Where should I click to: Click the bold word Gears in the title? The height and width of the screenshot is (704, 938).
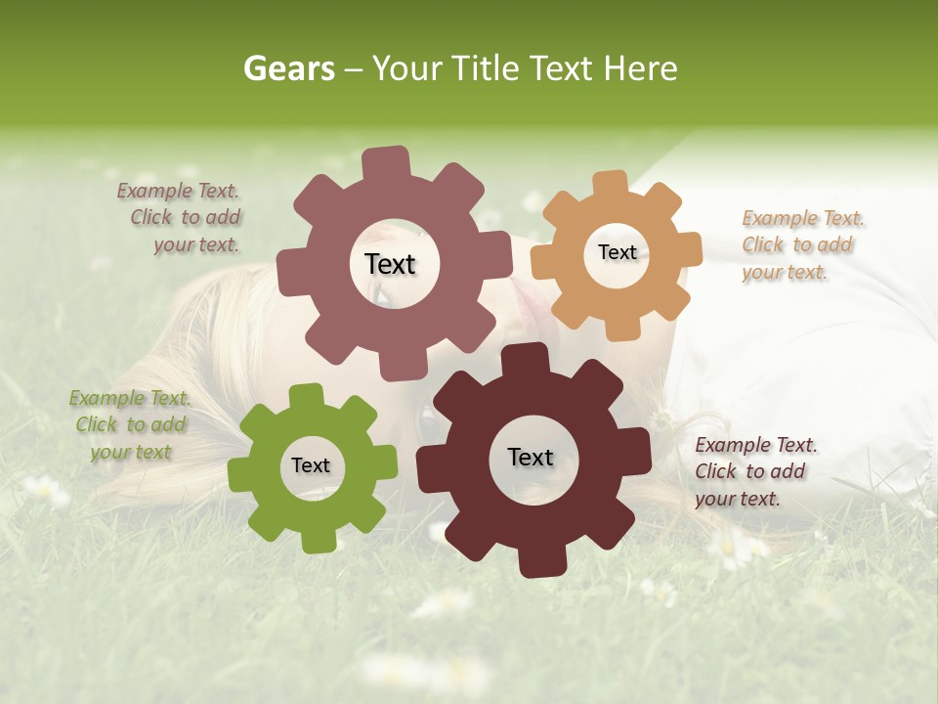289,68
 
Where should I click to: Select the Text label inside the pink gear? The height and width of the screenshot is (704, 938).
390,264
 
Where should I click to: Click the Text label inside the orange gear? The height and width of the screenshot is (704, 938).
617,252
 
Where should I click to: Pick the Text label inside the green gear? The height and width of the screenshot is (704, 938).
311,465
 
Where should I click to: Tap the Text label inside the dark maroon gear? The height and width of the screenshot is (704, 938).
530,457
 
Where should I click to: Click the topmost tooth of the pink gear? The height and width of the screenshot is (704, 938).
387,162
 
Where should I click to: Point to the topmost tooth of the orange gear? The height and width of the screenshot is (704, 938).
609,185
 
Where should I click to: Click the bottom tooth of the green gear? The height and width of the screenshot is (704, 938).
317,540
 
